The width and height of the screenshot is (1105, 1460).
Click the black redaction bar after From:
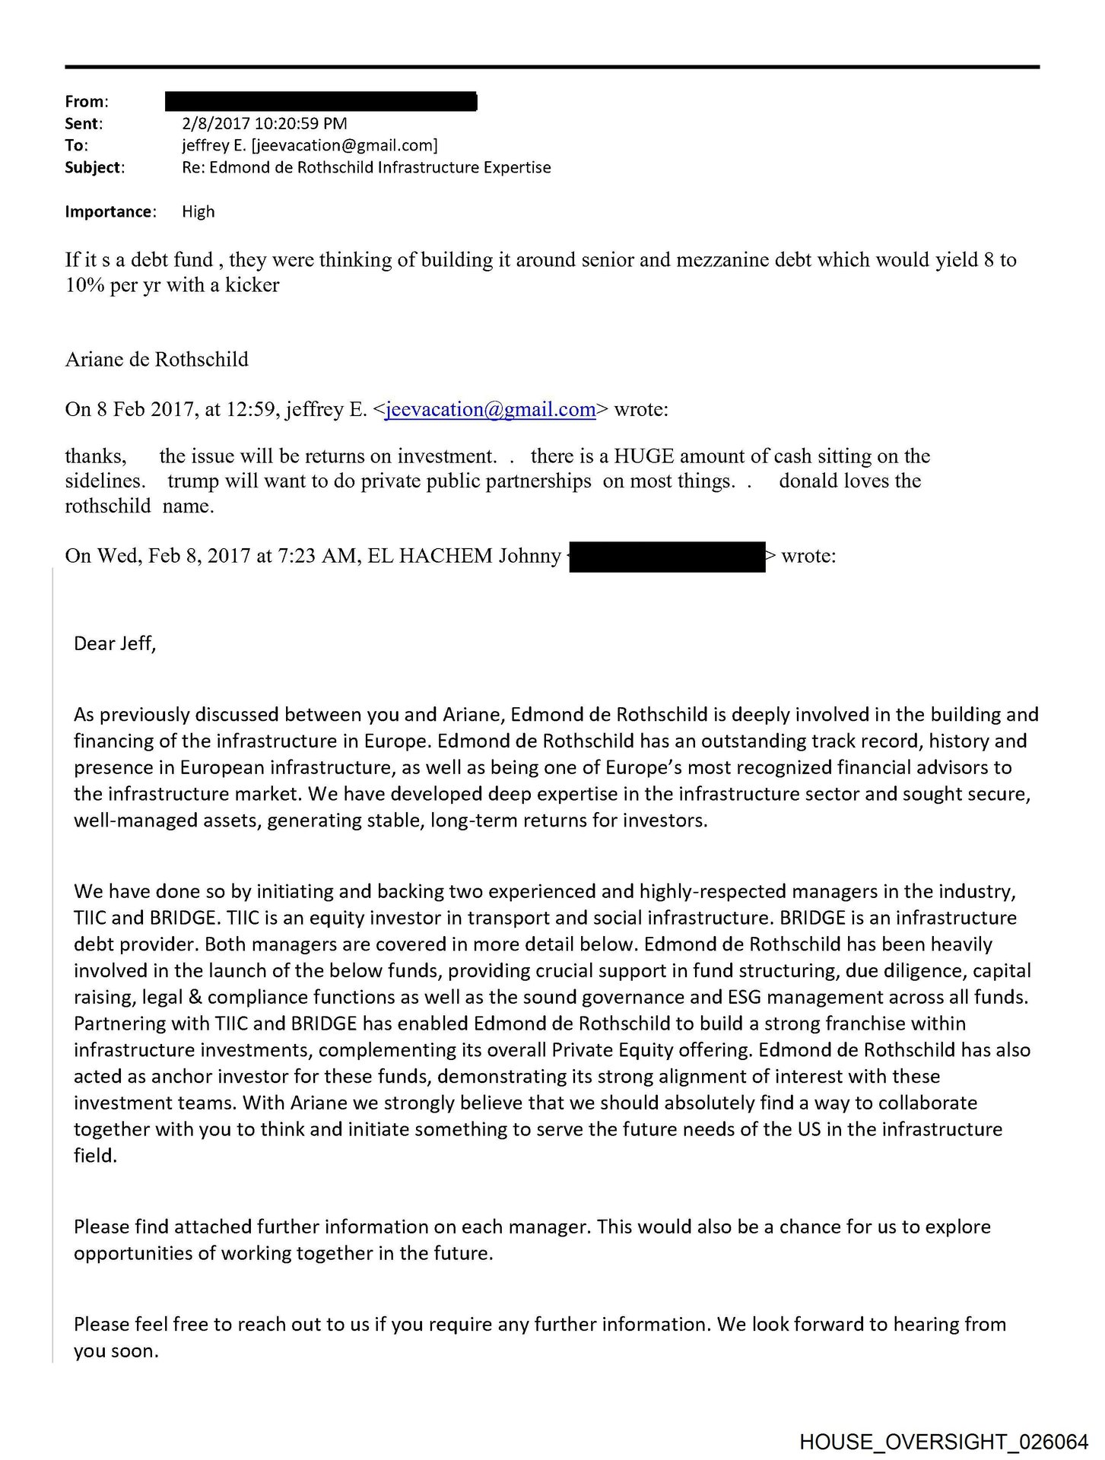tap(321, 101)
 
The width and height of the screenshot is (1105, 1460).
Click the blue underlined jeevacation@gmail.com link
tap(491, 410)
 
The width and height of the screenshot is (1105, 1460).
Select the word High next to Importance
tap(198, 211)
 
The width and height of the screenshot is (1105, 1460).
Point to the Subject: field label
tap(94, 167)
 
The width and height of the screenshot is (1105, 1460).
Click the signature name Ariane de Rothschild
tap(157, 359)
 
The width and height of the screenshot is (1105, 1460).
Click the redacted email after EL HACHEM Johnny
tap(667, 557)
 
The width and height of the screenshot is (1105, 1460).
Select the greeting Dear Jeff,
tap(115, 644)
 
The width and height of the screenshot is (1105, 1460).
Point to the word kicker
tap(252, 285)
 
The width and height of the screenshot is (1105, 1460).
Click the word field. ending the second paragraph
tap(95, 1156)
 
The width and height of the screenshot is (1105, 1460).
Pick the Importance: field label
tap(110, 211)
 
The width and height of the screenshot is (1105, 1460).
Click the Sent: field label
tap(83, 123)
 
